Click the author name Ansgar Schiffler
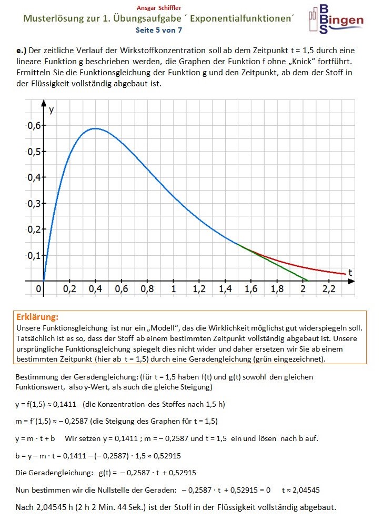pyautogui.click(x=158, y=8)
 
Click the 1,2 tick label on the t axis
pyautogui.click(x=199, y=289)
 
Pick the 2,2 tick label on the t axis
pyautogui.click(x=329, y=289)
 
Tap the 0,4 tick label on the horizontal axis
pyautogui.click(x=96, y=289)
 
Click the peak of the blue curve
pyautogui.click(x=95, y=128)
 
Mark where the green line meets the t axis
pyautogui.click(x=309, y=281)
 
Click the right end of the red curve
pyautogui.click(x=345, y=274)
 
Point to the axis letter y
pyautogui.click(x=51, y=110)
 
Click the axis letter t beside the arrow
pyautogui.click(x=349, y=272)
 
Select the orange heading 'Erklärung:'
pyautogui.click(x=37, y=317)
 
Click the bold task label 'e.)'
pyautogui.click(x=21, y=51)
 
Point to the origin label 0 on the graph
pyautogui.click(x=38, y=289)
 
